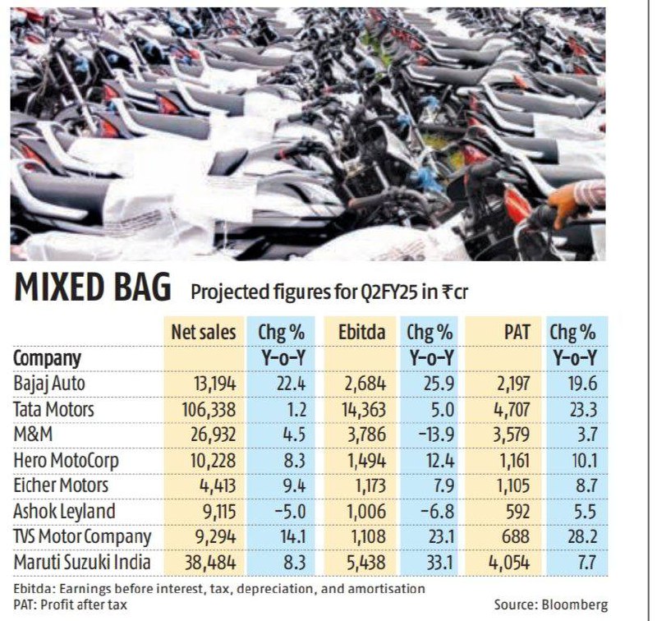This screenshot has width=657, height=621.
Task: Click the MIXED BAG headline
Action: pyautogui.click(x=93, y=287)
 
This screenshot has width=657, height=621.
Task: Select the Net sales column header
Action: pyautogui.click(x=204, y=333)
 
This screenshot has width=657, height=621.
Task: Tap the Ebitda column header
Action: pyautogui.click(x=361, y=333)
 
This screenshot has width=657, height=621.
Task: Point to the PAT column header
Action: pyautogui.click(x=517, y=333)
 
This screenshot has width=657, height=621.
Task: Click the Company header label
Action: pyautogui.click(x=47, y=359)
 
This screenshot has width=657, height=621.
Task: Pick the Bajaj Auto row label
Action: pyautogui.click(x=49, y=384)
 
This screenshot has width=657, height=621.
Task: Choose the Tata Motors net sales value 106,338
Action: pyautogui.click(x=209, y=409)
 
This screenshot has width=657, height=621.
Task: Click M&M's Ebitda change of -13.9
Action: pyautogui.click(x=436, y=435)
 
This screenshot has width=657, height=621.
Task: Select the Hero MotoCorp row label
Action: pyautogui.click(x=66, y=461)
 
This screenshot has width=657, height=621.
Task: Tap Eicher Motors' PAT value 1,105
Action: pyautogui.click(x=511, y=485)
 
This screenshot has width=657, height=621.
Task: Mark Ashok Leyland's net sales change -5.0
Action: pyautogui.click(x=287, y=512)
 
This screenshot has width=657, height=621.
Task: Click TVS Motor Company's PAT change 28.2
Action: pyautogui.click(x=581, y=536)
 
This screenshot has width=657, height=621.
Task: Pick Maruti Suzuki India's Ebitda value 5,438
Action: pyautogui.click(x=366, y=563)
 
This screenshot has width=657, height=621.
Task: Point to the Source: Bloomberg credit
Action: pyautogui.click(x=550, y=605)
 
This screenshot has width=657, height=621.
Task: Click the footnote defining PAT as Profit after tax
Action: pyautogui.click(x=70, y=605)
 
